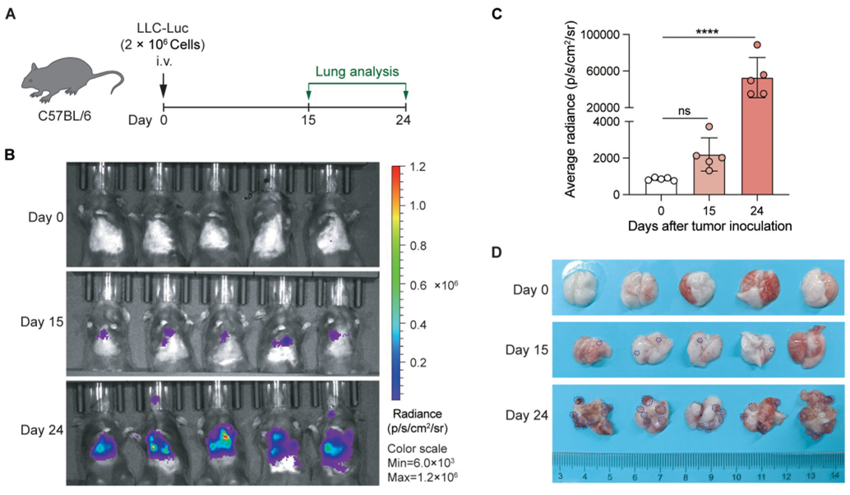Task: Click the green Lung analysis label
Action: pyautogui.click(x=357, y=72)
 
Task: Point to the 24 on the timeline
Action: pyautogui.click(x=405, y=121)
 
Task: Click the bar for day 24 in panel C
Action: pyautogui.click(x=758, y=136)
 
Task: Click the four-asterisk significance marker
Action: pyautogui.click(x=708, y=31)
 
